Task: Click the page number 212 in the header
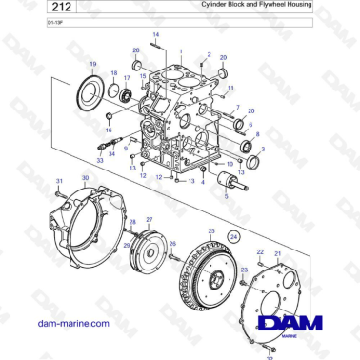point(36,8)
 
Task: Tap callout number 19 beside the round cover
point(93,63)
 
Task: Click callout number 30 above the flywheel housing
point(86,178)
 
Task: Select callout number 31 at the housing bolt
point(58,180)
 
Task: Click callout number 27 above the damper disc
point(148,220)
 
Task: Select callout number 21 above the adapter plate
point(277,254)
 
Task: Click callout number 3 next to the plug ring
point(262,150)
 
